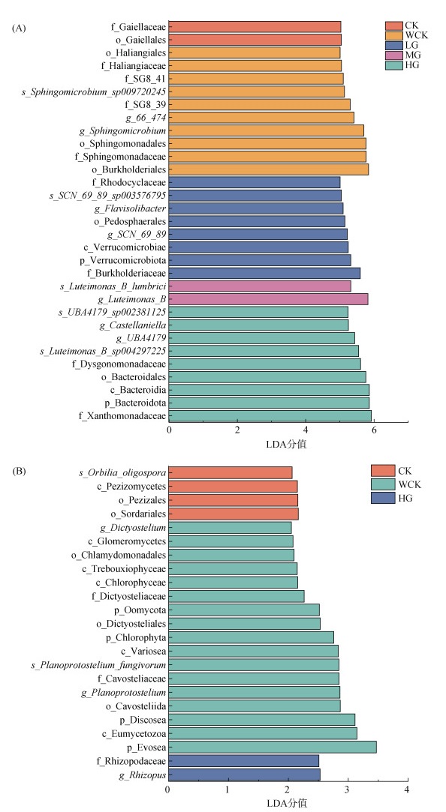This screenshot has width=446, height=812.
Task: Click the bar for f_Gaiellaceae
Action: (255, 27)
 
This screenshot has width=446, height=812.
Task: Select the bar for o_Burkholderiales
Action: (269, 169)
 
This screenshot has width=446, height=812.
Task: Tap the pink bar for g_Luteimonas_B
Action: (268, 299)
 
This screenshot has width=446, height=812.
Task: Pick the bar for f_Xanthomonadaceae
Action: (270, 416)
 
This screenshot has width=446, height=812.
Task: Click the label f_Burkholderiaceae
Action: (127, 274)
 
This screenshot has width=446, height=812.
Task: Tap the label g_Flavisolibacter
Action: (130, 208)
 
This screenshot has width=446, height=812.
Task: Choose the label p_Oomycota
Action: (140, 610)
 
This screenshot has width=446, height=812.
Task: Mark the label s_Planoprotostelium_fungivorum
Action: (98, 665)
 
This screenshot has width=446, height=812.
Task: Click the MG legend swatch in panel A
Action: (394, 55)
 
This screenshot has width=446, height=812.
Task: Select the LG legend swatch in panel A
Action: (394, 45)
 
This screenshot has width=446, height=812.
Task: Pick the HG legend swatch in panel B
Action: (383, 498)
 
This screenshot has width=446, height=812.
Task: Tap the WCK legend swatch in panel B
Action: (383, 484)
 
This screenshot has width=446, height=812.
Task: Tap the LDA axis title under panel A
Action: (286, 444)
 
